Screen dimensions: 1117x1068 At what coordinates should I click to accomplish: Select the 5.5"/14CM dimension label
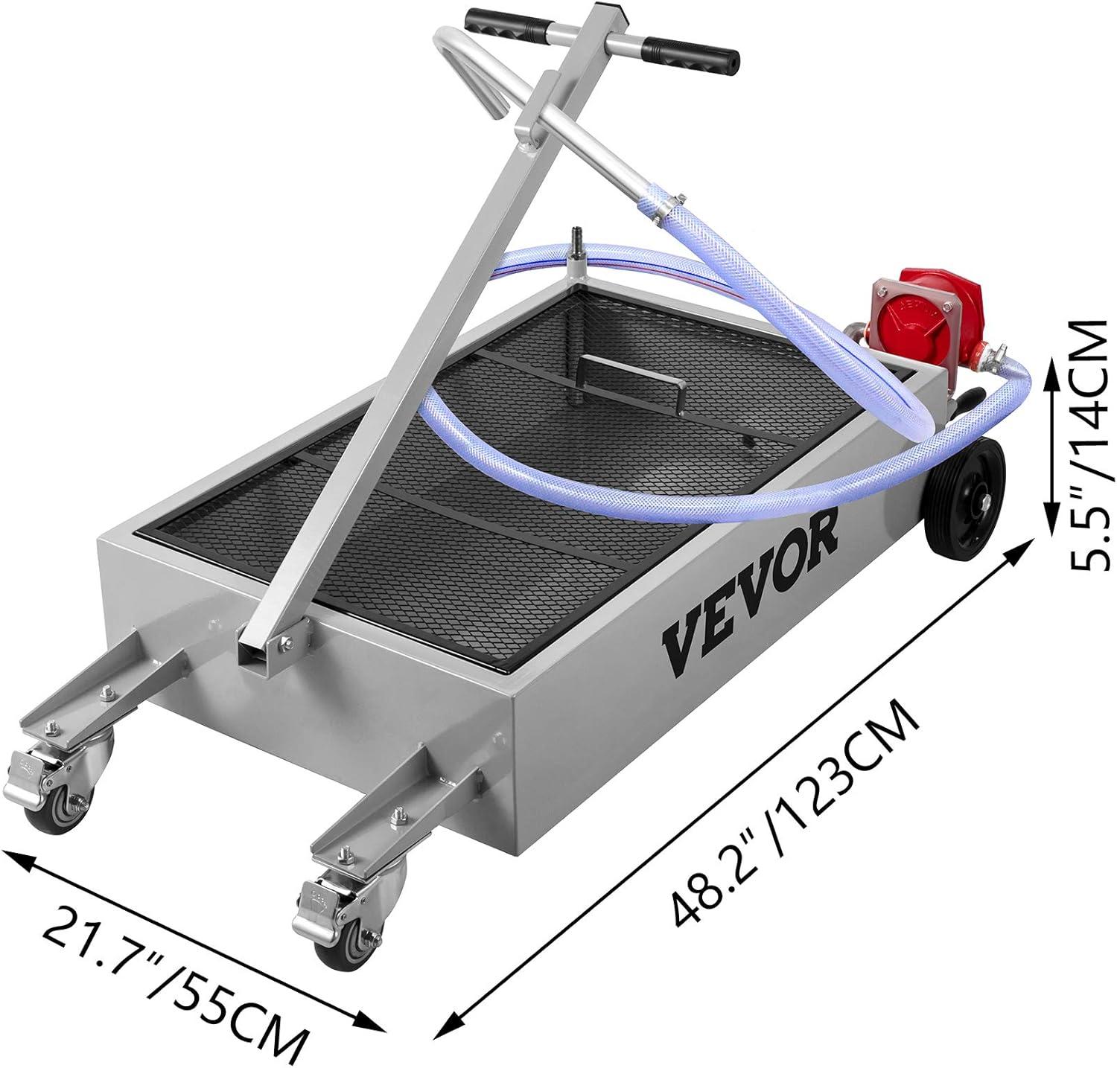coord(1091,446)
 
